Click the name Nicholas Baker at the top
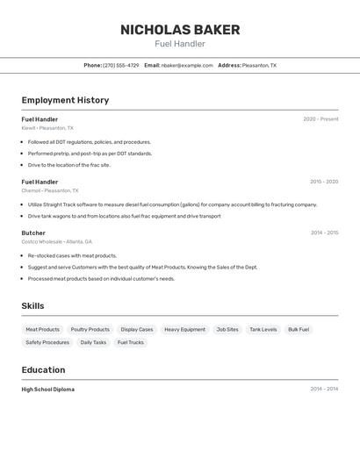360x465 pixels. pos(180,30)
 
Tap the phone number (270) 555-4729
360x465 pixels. pos(121,65)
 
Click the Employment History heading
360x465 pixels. pos(65,100)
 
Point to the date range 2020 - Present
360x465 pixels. pos(320,119)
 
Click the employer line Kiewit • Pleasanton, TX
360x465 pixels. pos(47,128)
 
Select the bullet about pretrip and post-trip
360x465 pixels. pos(90,154)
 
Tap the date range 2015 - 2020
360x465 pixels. pos(324,182)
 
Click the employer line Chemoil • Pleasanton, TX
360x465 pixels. pos(50,190)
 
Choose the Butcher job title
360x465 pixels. pos(33,233)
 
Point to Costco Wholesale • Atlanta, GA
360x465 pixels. pos(56,241)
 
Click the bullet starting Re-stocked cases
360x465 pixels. pos(72,255)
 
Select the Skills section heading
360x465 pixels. pos(32,306)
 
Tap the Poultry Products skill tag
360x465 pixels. pos(90,329)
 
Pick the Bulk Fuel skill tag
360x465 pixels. pos(299,329)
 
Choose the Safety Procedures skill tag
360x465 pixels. pos(47,342)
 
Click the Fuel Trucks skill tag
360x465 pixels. pos(130,342)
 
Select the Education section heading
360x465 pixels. pos(43,370)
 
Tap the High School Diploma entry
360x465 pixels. pos(47,389)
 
